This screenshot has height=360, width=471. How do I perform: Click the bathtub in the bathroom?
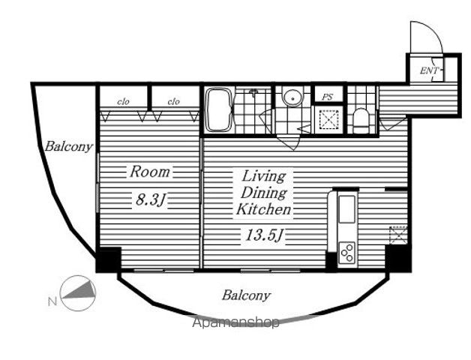click(x=219, y=109)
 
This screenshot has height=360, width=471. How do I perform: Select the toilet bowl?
click(x=360, y=121)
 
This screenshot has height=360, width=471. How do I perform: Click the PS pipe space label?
click(x=328, y=97)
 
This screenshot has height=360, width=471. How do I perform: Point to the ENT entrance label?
click(x=429, y=70)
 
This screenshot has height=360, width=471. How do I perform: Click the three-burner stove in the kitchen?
click(x=346, y=252)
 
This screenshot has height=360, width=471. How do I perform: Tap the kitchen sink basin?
click(x=347, y=209)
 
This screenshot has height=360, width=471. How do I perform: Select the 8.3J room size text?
click(x=151, y=199)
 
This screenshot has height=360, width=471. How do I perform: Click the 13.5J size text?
click(x=264, y=235)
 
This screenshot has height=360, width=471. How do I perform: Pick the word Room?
click(x=150, y=172)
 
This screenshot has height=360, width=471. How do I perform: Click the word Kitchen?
click(x=263, y=209)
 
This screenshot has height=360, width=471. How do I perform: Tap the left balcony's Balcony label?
click(x=69, y=147)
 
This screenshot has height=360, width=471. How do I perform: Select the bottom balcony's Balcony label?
click(x=246, y=295)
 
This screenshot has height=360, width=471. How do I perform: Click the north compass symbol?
click(x=78, y=293)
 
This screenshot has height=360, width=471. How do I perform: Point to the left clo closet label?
click(x=123, y=102)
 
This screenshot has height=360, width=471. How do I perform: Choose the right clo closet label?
click(x=173, y=102)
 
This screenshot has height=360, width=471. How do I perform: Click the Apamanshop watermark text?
click(x=235, y=323)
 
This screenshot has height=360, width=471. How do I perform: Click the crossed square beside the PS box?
click(x=328, y=119)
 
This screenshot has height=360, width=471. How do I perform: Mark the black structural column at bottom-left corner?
click(x=109, y=259)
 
